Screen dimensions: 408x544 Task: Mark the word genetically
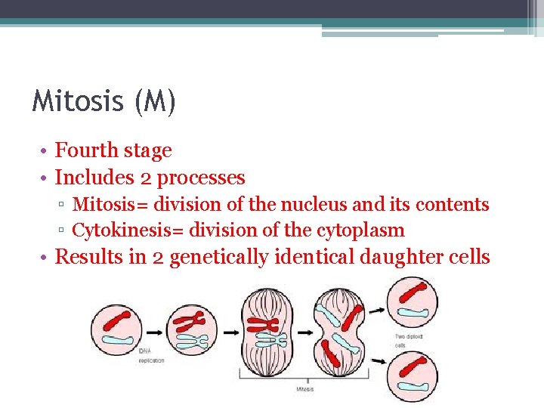click(219, 258)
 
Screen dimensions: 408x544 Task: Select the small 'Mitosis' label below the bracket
click(304, 389)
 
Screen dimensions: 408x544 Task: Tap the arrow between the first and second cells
click(155, 331)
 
